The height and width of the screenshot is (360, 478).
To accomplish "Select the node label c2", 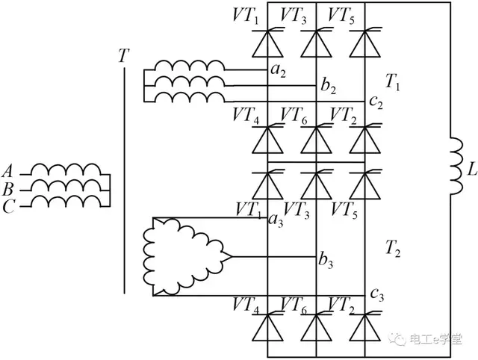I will click(376, 102).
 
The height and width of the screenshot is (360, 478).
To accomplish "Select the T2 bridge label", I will click(393, 247).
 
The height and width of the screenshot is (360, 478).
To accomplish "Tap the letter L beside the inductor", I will click(471, 171).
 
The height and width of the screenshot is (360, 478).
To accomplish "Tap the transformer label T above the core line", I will click(123, 56).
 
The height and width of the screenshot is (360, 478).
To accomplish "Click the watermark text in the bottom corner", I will click(441, 340).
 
